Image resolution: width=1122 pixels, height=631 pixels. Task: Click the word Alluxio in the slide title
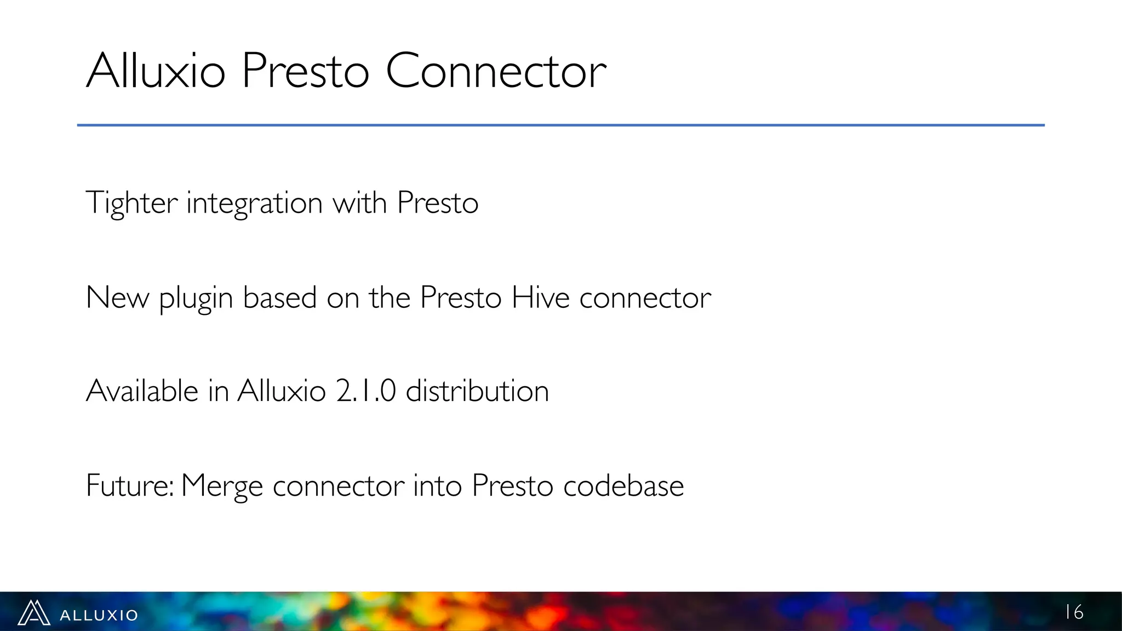[x=156, y=71]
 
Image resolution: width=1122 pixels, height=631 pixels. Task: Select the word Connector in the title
[x=496, y=71]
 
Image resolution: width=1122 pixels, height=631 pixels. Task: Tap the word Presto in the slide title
[x=305, y=71]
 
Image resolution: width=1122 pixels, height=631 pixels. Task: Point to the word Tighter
[x=131, y=203]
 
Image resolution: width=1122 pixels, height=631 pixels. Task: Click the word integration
[x=254, y=203]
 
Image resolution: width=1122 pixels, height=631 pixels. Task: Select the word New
[x=117, y=298]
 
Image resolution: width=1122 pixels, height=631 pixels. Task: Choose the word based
[x=280, y=298]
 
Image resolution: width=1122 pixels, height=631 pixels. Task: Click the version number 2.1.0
[x=365, y=391]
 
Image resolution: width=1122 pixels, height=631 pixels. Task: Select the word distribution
[x=477, y=391]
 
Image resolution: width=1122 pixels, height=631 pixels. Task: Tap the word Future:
[x=130, y=486]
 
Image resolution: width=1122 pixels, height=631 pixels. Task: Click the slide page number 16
[x=1074, y=612]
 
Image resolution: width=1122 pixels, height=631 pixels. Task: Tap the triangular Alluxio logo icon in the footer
[x=34, y=613]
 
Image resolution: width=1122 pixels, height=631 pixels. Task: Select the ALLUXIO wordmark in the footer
[x=99, y=615]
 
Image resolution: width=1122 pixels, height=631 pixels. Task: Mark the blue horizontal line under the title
[x=560, y=125]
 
